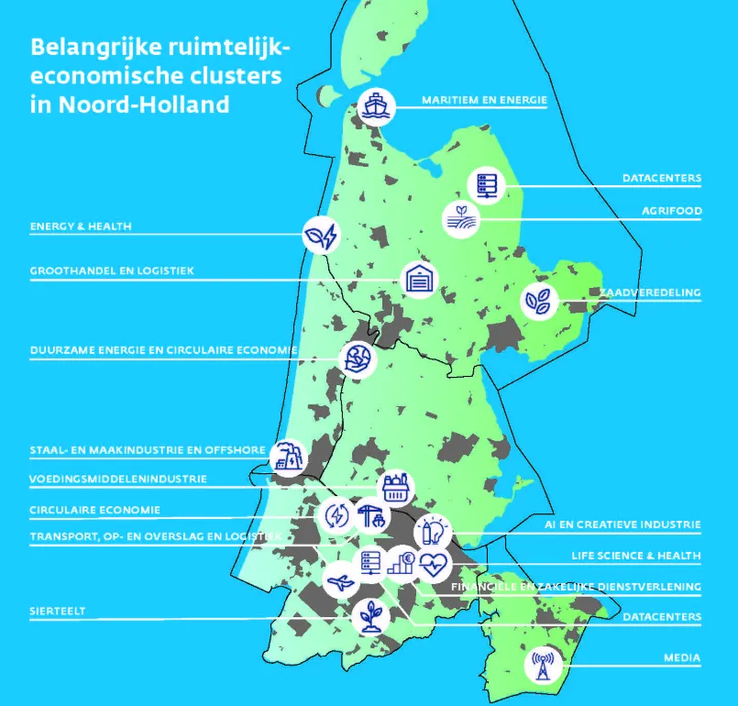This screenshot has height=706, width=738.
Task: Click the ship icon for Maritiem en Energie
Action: (x=376, y=106)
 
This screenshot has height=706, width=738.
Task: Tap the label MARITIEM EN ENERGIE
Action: (x=484, y=100)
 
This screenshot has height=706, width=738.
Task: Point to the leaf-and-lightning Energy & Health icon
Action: (x=322, y=235)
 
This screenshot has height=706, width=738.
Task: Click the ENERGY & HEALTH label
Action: (x=81, y=226)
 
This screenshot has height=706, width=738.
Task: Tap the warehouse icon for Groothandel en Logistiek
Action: (x=418, y=279)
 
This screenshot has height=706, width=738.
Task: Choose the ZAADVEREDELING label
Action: (x=651, y=293)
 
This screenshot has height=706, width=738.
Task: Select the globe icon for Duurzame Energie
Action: (x=358, y=359)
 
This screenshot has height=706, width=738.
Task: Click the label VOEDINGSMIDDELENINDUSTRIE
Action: (x=118, y=479)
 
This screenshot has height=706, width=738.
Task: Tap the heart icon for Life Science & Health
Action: (x=434, y=563)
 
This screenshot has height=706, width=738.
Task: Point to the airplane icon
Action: (x=341, y=579)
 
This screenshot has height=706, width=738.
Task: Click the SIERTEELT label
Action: (x=58, y=611)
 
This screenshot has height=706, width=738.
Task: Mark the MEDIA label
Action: (x=682, y=658)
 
